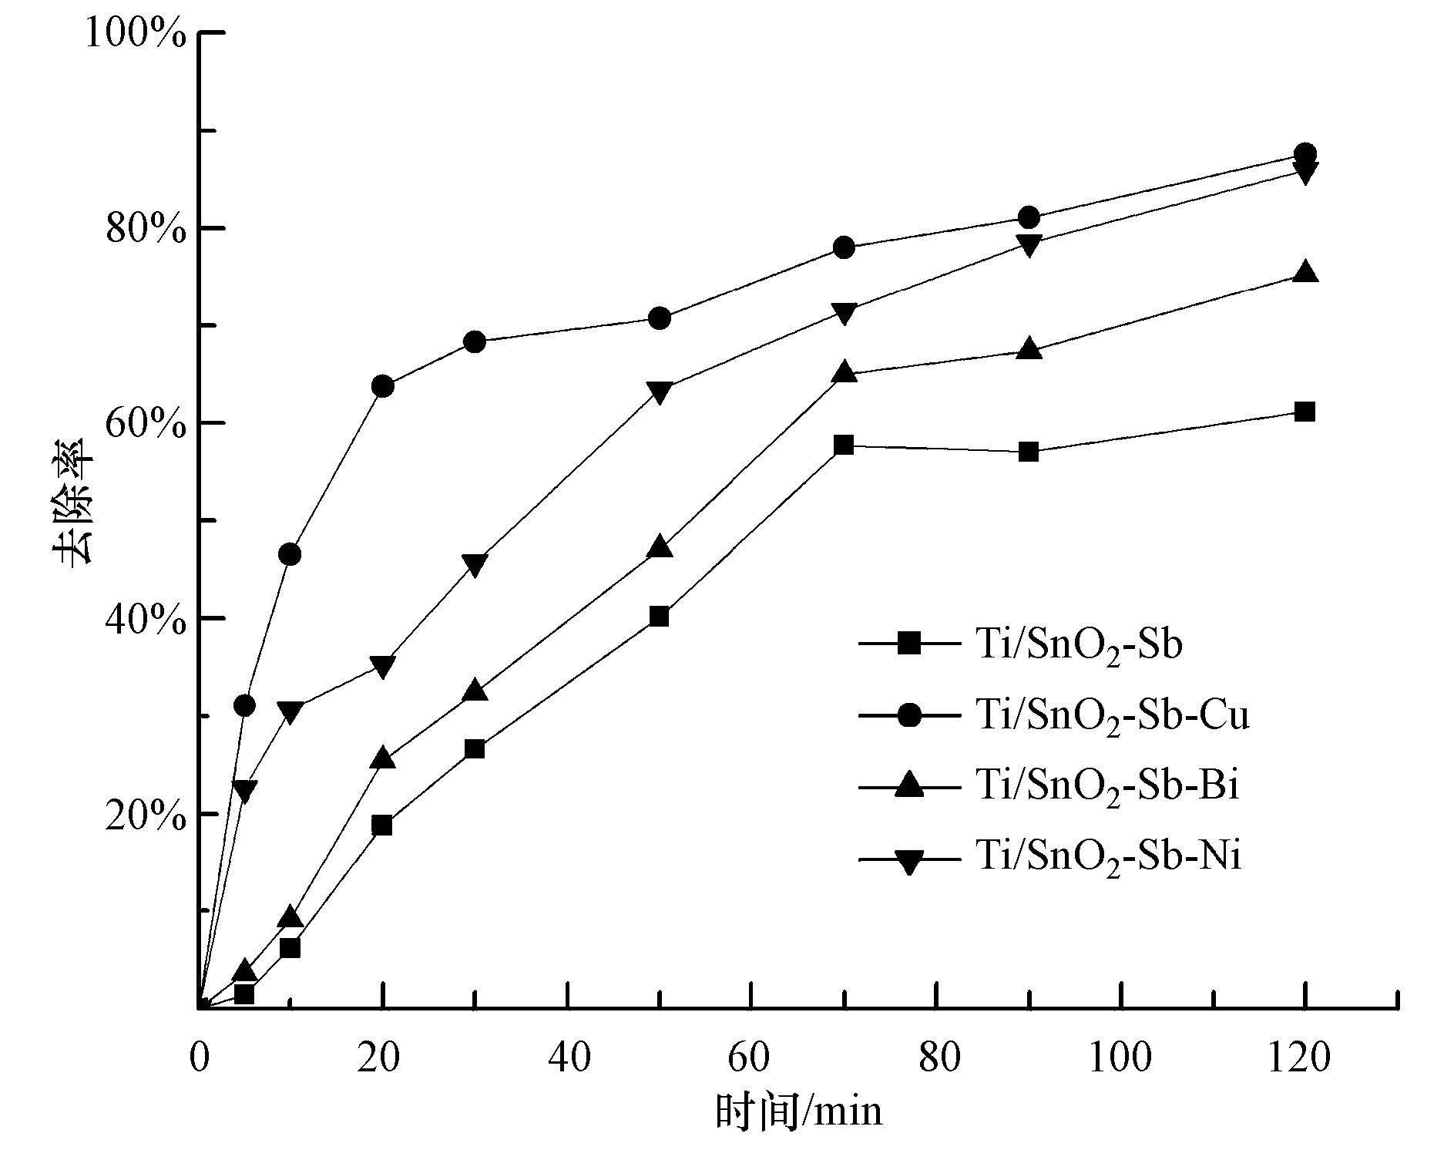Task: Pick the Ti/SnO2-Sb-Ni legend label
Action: pos(1108,856)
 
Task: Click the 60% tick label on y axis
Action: pos(145,423)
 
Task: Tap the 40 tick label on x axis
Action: pos(569,1058)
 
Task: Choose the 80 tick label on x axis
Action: pos(936,1058)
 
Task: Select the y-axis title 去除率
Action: pos(73,509)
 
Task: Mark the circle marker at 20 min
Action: pos(383,386)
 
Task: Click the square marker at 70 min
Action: pos(844,445)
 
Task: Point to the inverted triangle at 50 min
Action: pos(660,392)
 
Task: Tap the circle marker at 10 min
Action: pos(290,554)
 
